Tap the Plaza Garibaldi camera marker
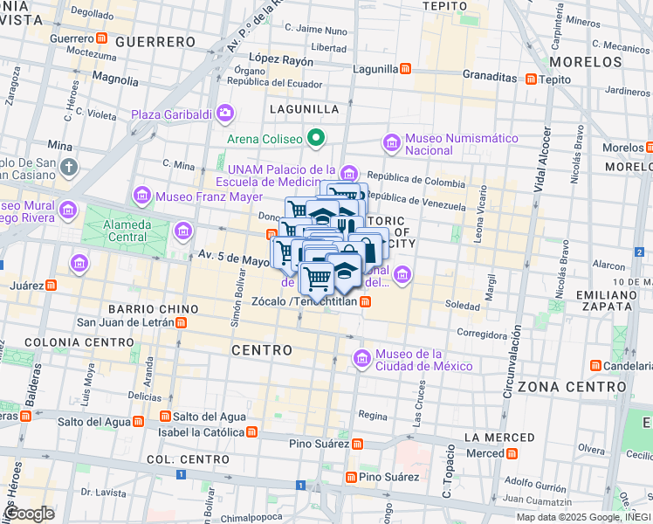coord(226,113)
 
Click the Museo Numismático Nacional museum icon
coord(390,141)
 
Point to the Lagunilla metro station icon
coord(406,68)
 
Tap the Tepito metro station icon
coord(528,79)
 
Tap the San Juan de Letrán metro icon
coord(181,322)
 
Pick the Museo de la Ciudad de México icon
coord(362,358)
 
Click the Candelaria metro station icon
coord(596,364)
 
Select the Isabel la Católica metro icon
coord(252,431)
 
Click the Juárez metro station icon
coord(52,285)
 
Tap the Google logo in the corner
coord(30,514)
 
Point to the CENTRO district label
coord(262,349)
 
